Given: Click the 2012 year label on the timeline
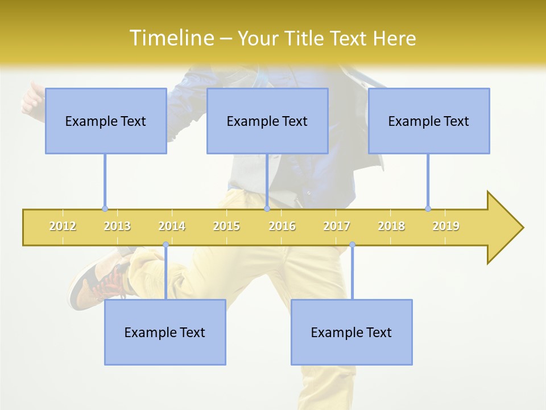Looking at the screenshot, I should (63, 226).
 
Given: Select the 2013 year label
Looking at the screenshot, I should (117, 226).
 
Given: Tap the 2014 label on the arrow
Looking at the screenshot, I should (172, 226).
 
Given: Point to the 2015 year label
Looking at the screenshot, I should (226, 226).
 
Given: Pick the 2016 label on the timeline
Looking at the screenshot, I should (282, 226).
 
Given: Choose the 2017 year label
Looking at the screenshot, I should (337, 226).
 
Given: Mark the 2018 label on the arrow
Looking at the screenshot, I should (391, 226).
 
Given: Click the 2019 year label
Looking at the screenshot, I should (446, 226).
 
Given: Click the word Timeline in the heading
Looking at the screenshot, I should (171, 38).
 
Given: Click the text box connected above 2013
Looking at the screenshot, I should (106, 121).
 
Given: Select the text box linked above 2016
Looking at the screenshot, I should (267, 121).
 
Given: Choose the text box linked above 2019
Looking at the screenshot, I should (429, 121).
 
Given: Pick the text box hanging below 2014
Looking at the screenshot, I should (165, 332).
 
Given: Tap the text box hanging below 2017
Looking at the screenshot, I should (351, 332).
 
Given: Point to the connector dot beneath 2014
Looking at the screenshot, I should (166, 245).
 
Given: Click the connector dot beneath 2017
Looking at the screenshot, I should (352, 245).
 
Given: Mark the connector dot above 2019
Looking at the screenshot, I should (428, 208).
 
